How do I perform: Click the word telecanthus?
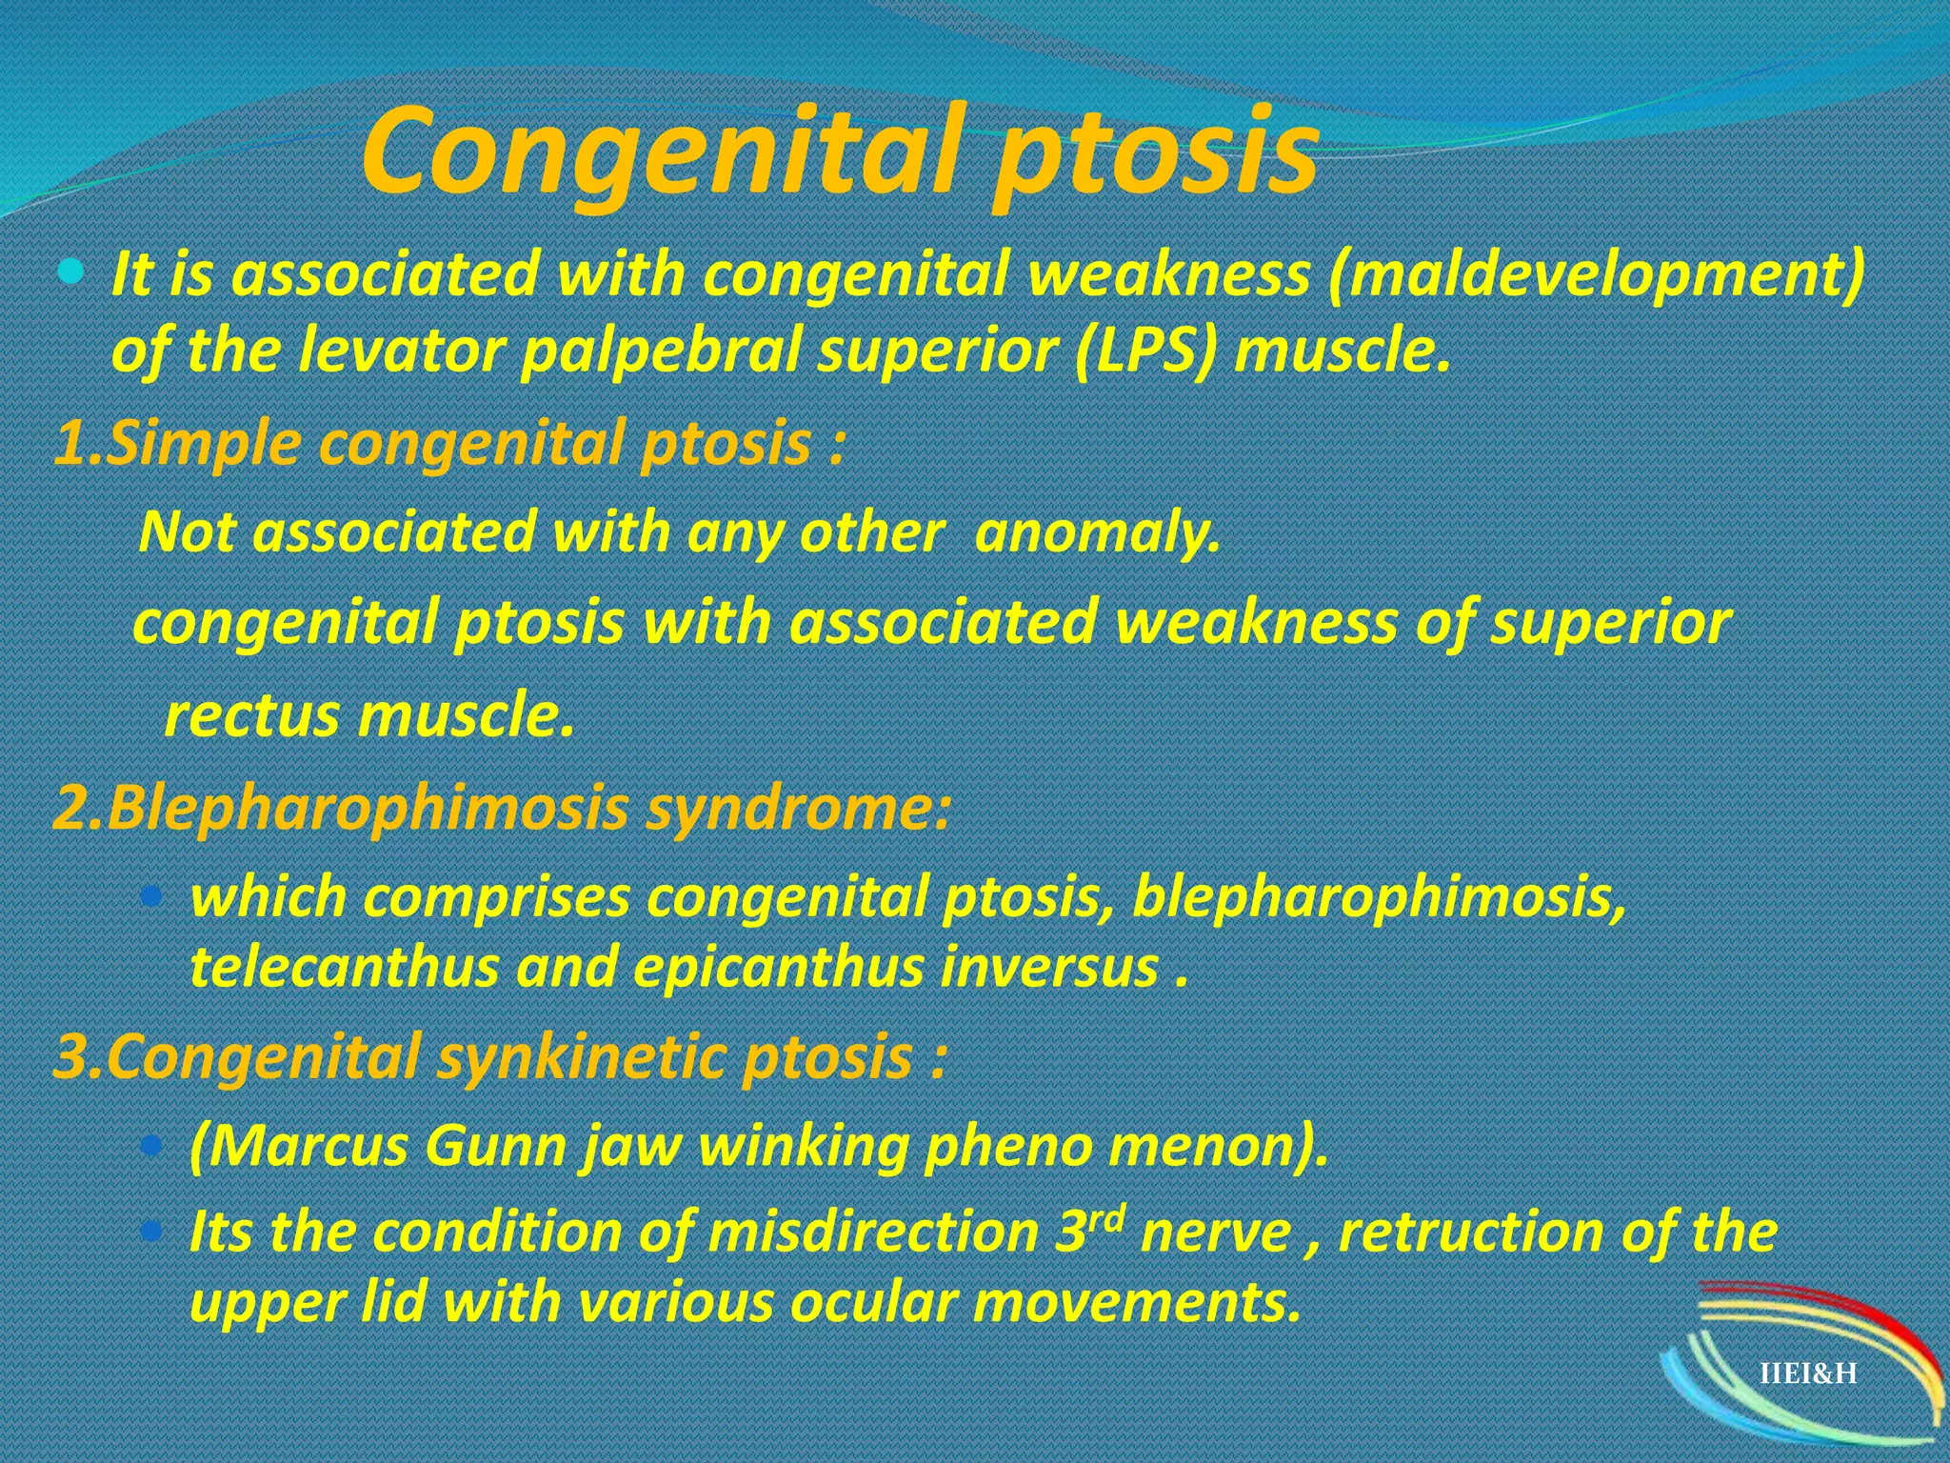[344, 968]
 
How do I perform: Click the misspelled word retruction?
[1471, 1233]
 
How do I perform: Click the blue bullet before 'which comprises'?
[150, 897]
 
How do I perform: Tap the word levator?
[400, 351]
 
